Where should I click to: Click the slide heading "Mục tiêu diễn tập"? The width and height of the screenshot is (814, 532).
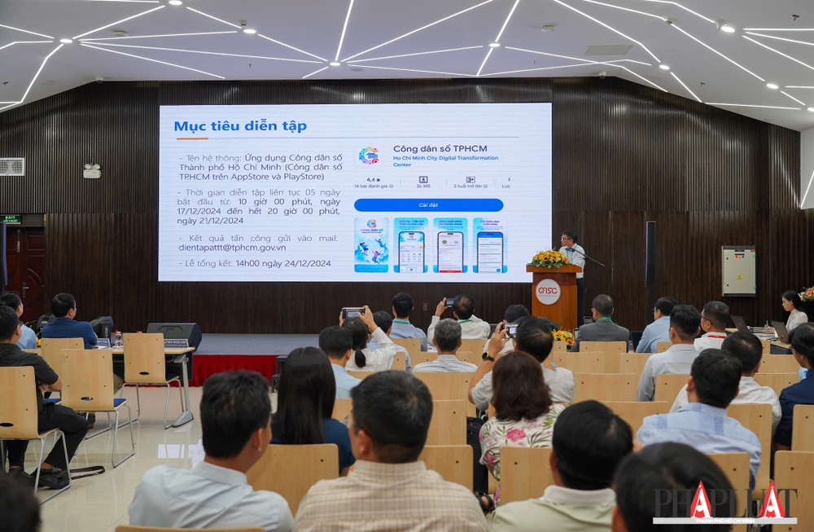240,126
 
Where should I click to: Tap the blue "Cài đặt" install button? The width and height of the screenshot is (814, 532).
428,205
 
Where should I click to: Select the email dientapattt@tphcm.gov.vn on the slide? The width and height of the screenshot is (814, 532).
233,247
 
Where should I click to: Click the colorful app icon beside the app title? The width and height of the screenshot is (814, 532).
369,156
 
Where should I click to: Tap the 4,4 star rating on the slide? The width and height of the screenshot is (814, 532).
372,180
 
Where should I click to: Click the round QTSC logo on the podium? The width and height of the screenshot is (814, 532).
548,292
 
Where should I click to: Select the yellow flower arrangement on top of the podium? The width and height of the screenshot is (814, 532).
549,259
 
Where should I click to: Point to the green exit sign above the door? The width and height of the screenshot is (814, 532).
11,219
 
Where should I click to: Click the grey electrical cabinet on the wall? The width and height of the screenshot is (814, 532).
738,270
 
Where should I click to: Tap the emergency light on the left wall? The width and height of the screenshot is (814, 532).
92,171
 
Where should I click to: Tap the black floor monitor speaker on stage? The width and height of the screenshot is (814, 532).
174,335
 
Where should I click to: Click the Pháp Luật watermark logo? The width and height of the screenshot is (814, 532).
724,503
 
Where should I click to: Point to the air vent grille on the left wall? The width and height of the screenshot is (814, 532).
11,166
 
